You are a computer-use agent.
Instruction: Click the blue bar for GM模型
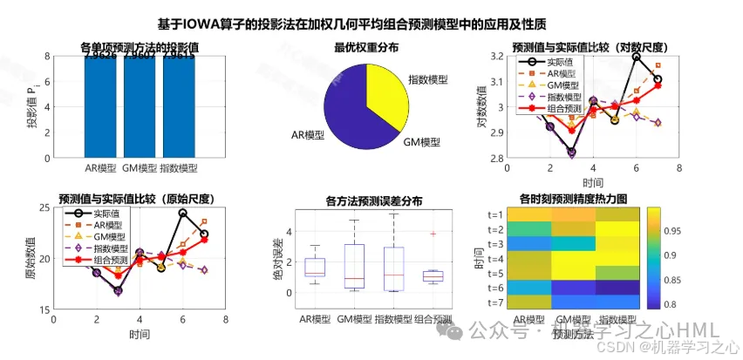[140, 109]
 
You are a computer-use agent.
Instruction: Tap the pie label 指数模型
[428, 79]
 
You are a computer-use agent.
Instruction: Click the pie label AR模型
[310, 136]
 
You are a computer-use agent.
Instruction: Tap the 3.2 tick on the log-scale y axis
[498, 56]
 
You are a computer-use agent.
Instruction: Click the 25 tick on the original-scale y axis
[44, 207]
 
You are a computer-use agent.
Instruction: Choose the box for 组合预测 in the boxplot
[433, 276]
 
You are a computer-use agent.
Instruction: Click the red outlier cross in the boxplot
[433, 234]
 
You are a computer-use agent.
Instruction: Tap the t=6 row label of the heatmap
[497, 287]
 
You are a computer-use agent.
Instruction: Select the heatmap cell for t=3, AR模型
[531, 243]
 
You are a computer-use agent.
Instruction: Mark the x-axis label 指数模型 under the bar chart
[179, 168]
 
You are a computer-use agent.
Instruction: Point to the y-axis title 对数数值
[481, 107]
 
